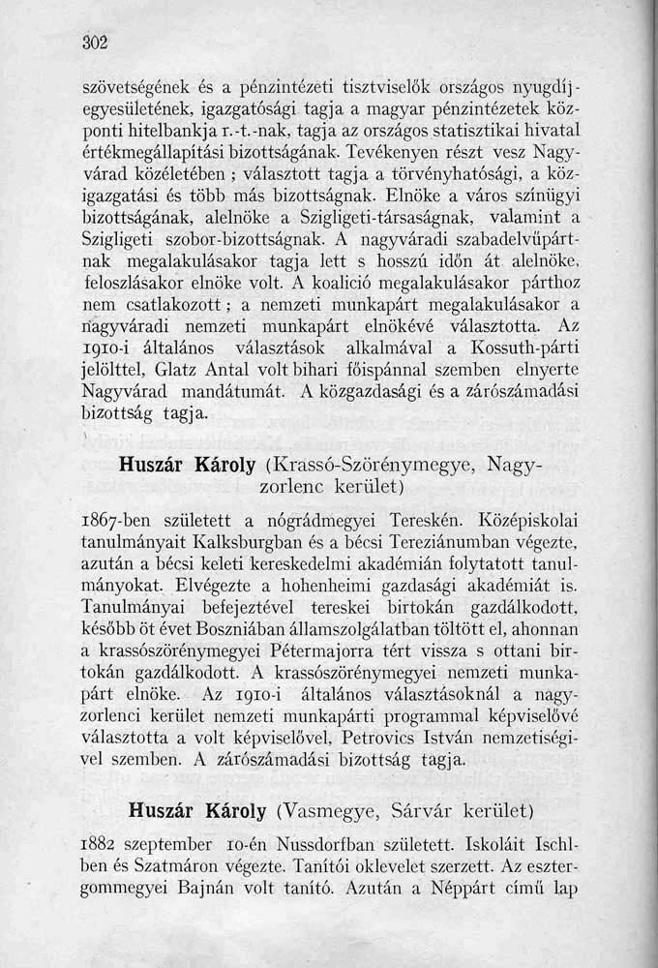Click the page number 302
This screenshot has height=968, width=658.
pyautogui.click(x=93, y=42)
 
